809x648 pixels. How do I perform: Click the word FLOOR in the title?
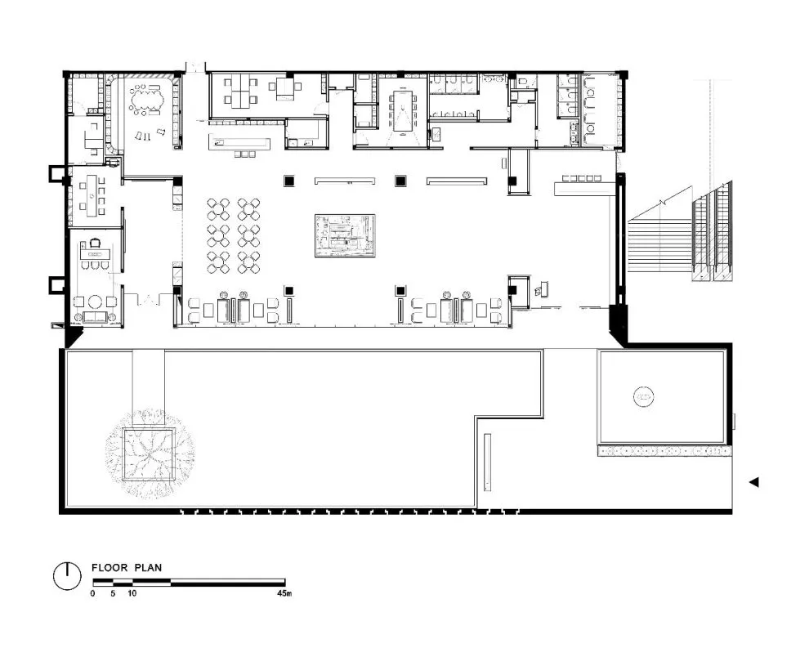(x=110, y=568)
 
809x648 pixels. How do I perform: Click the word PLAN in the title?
(x=148, y=568)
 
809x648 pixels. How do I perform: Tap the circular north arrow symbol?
(x=67, y=575)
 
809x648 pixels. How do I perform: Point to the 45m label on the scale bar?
(x=284, y=593)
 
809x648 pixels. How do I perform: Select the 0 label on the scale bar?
(x=93, y=593)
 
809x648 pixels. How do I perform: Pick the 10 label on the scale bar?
(x=132, y=593)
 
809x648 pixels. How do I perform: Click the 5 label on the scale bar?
(x=113, y=593)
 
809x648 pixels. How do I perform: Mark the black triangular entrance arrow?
(x=754, y=482)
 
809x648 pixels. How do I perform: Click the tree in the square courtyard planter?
(x=150, y=454)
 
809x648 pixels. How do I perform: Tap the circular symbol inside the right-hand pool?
(x=643, y=397)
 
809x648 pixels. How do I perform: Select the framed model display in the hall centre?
(x=345, y=236)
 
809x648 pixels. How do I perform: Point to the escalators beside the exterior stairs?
(x=712, y=232)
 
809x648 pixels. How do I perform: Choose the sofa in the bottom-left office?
(x=95, y=317)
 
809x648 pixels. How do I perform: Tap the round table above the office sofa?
(x=95, y=301)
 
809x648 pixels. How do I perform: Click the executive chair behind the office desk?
(x=95, y=243)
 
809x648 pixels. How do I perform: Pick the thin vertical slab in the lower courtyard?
(x=487, y=463)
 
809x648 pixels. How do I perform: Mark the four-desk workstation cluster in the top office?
(x=241, y=92)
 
